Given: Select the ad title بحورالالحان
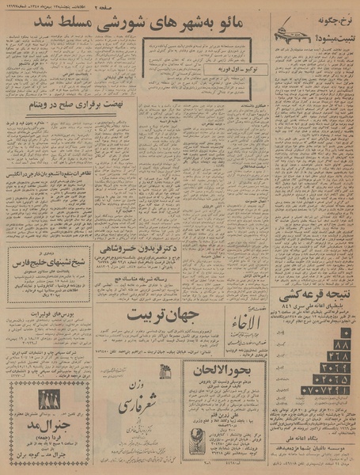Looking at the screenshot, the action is pyautogui.click(x=224, y=369).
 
